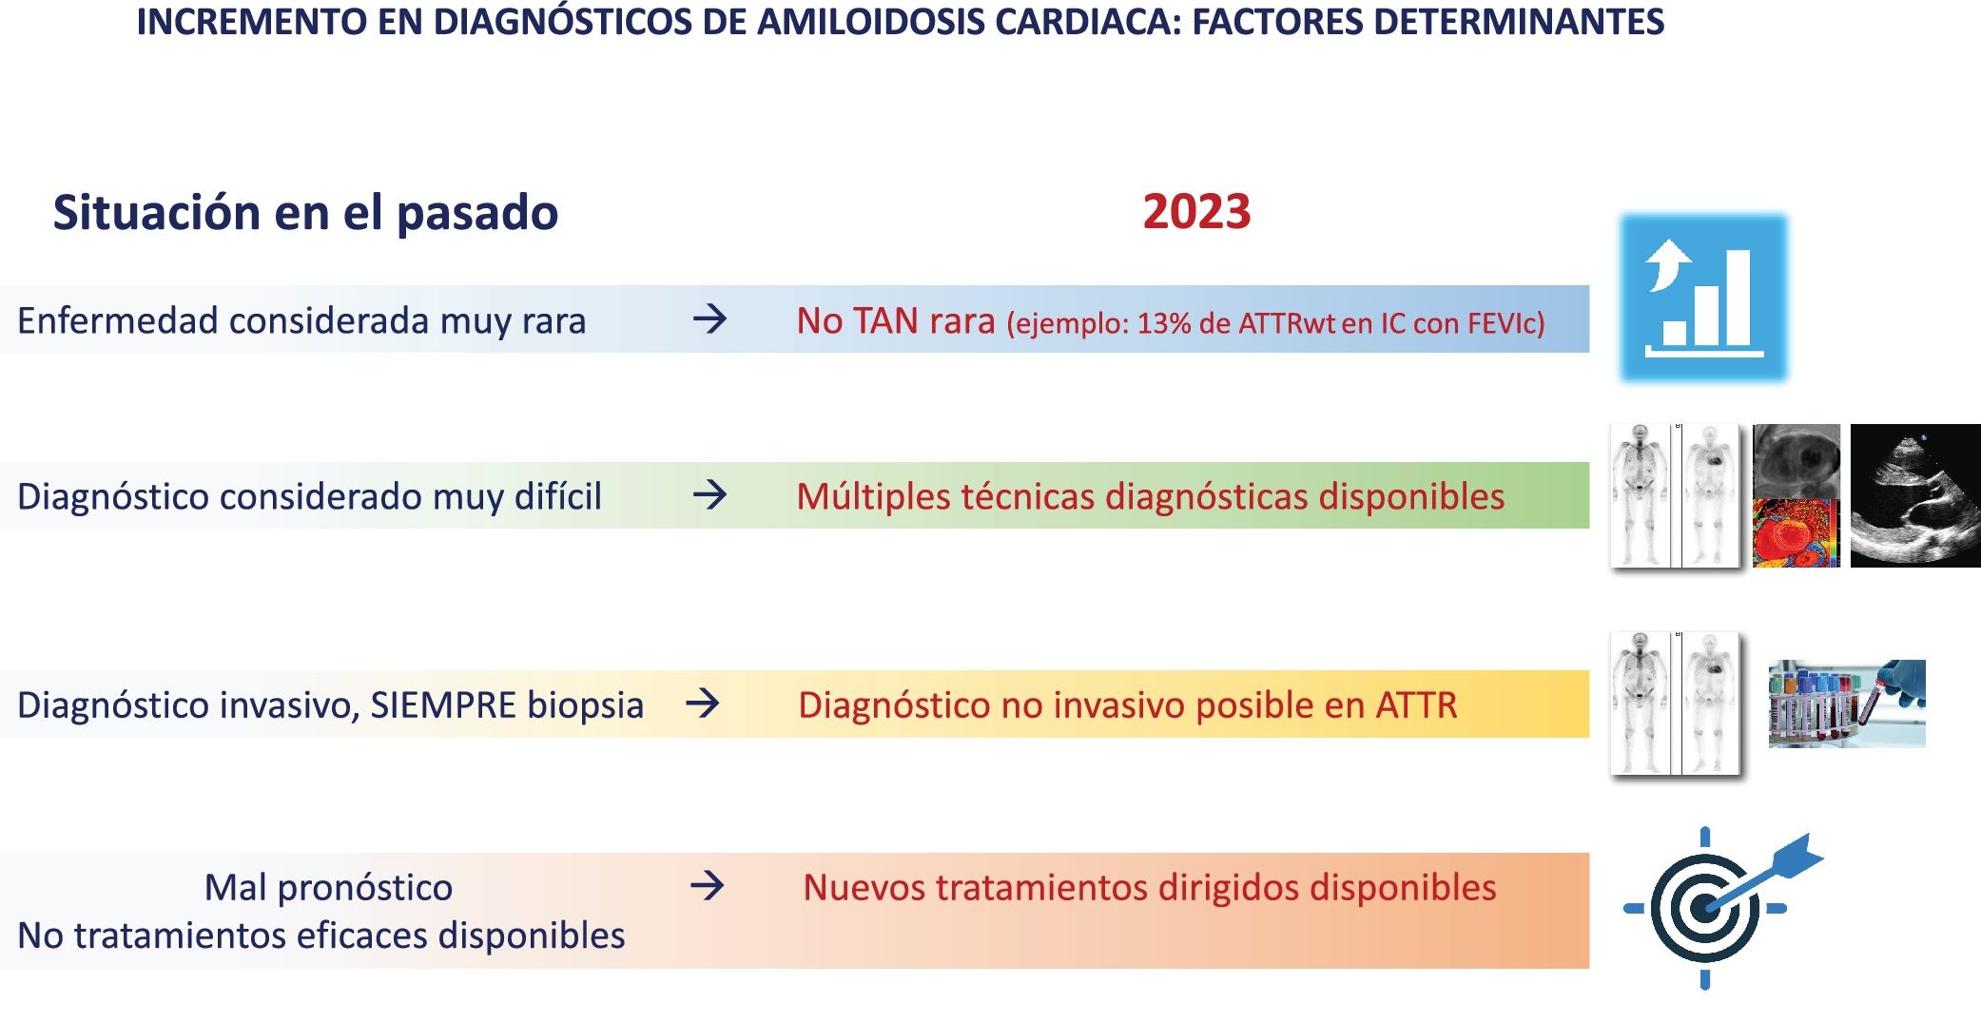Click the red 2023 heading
(x=1196, y=211)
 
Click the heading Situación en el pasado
(x=305, y=213)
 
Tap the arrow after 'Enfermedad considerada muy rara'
(x=709, y=318)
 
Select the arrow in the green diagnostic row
(x=709, y=494)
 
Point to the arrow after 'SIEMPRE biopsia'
(x=703, y=704)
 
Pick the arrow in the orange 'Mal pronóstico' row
(x=707, y=886)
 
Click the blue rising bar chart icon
(x=1704, y=298)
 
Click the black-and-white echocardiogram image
(x=1915, y=495)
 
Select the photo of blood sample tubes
(x=1847, y=704)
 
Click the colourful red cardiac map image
(x=1796, y=532)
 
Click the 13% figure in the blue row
(x=1164, y=323)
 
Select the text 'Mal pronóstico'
(x=328, y=888)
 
